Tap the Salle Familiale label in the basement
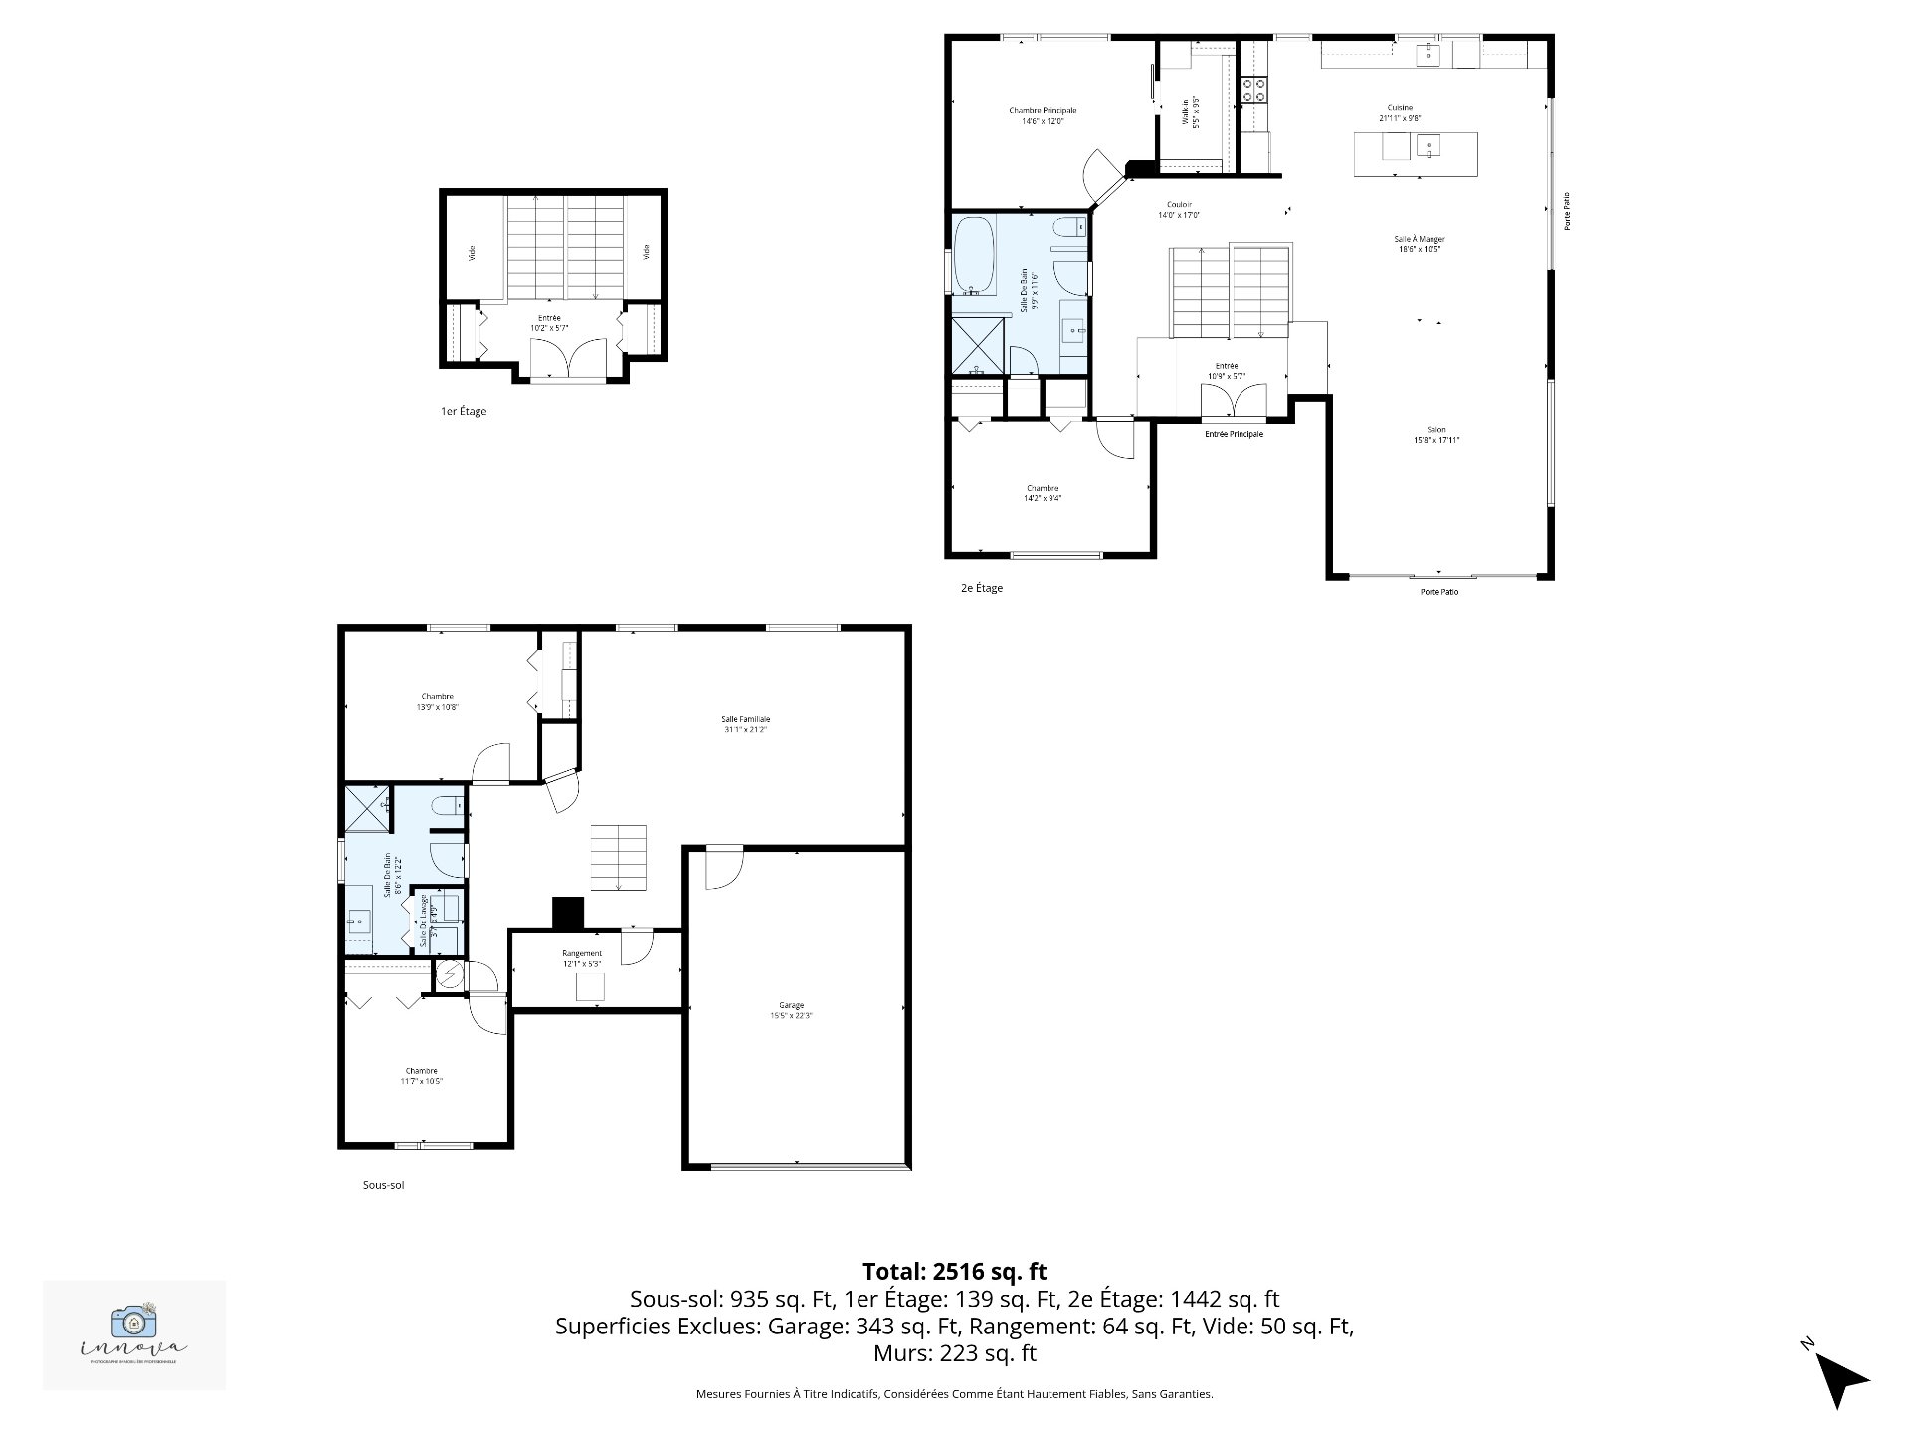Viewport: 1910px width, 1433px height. [x=745, y=724]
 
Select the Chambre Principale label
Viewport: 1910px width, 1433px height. [x=1042, y=116]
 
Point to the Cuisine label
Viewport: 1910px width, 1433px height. [x=1400, y=112]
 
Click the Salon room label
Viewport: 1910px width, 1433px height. [x=1435, y=435]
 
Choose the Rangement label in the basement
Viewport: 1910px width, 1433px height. [x=581, y=958]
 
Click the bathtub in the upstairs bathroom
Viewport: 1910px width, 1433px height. [x=974, y=257]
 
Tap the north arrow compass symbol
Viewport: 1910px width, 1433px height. [x=1840, y=1379]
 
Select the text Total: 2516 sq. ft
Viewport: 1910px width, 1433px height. [x=954, y=1271]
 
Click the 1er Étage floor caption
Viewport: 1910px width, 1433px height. [x=464, y=411]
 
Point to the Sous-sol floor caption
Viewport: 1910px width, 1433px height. [x=383, y=1185]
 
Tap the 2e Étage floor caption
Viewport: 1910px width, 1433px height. [x=981, y=588]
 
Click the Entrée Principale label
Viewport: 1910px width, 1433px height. [x=1234, y=434]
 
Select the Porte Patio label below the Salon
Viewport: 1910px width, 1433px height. [x=1438, y=592]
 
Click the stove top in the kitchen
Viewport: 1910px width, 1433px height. [x=1253, y=91]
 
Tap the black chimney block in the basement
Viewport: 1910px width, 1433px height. [x=567, y=913]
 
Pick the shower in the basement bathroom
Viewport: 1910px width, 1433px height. [x=366, y=808]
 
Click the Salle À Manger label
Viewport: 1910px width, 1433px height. [x=1419, y=244]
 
